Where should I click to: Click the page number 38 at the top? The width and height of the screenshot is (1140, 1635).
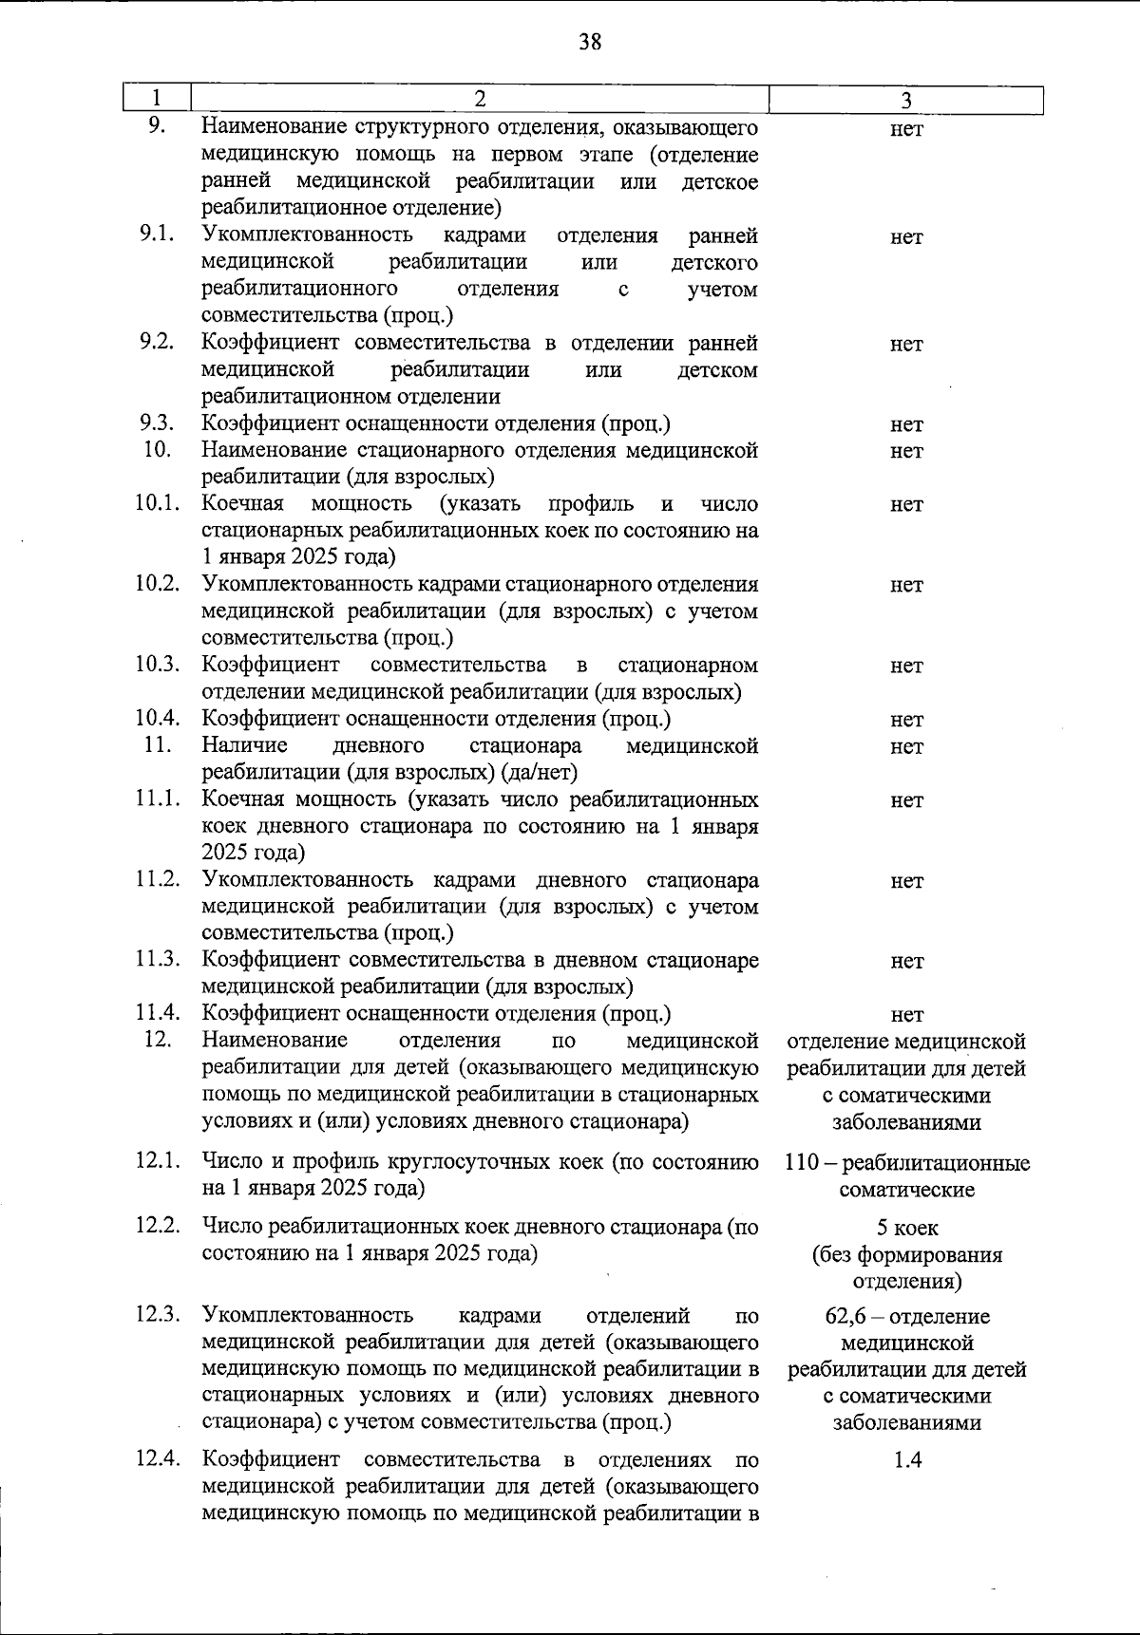[589, 42]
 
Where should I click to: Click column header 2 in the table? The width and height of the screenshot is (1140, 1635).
[480, 100]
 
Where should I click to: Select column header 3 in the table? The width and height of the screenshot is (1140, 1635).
[906, 101]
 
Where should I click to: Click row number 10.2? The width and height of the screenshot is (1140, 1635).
[157, 584]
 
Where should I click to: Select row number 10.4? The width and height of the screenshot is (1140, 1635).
[157, 719]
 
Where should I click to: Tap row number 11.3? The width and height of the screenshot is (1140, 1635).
[157, 960]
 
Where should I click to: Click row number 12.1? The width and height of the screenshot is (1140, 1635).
[157, 1161]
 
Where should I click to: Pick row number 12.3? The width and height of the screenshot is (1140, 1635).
[157, 1315]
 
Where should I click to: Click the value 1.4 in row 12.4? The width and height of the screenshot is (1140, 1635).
[907, 1460]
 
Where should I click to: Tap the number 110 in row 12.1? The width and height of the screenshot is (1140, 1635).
[804, 1163]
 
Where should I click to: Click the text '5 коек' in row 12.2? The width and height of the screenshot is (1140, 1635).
[907, 1229]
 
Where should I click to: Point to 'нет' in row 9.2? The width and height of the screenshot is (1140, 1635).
[906, 345]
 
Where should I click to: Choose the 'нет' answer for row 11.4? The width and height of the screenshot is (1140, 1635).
[907, 1015]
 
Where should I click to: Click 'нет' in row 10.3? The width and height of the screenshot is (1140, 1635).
[906, 666]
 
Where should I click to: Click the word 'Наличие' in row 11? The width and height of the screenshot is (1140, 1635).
[245, 745]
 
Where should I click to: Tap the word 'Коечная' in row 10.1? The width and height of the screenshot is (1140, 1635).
[243, 503]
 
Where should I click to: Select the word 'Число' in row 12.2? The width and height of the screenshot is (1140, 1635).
[232, 1228]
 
